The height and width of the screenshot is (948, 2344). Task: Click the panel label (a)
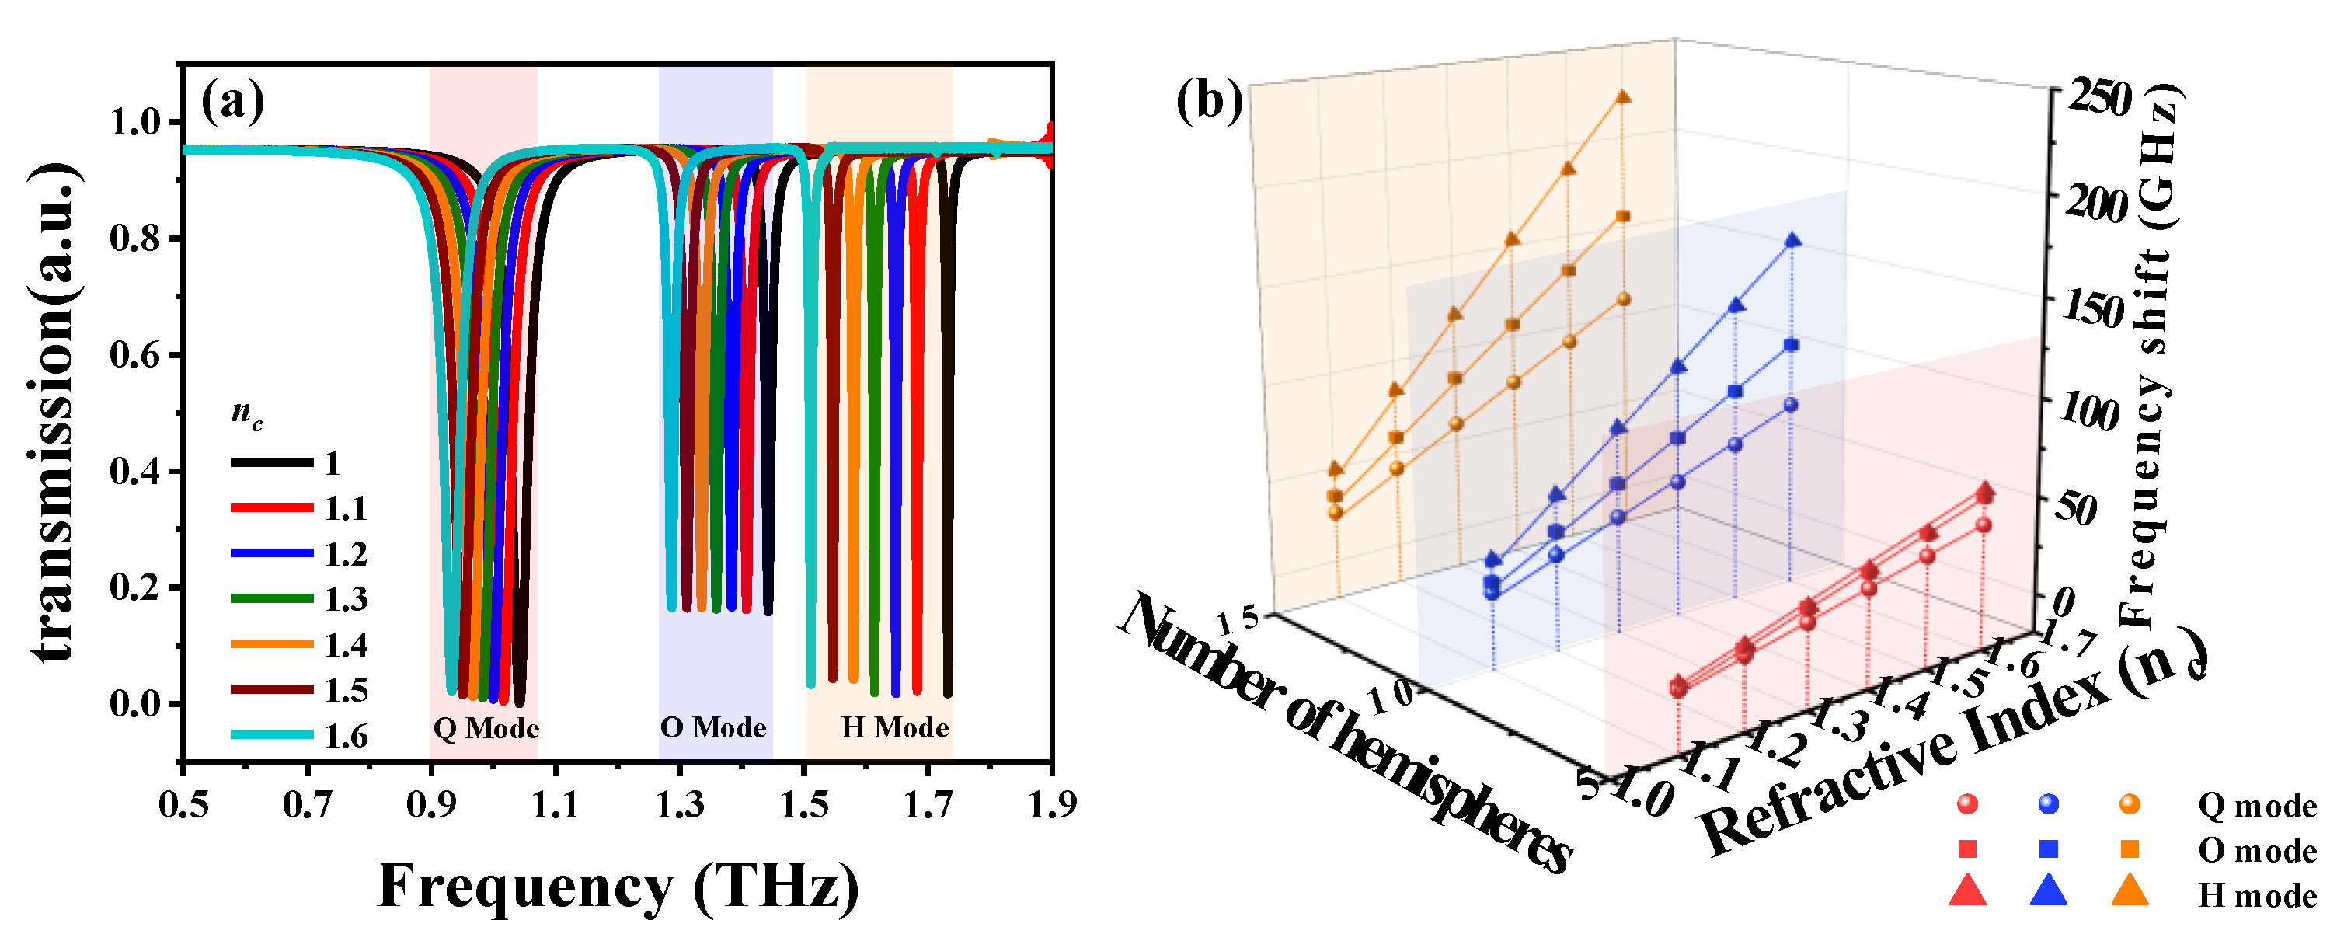coord(233,102)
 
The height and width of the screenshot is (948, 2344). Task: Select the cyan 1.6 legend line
coord(271,734)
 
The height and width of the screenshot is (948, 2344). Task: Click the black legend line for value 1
coord(271,463)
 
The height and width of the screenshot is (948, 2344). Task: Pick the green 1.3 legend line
coord(271,598)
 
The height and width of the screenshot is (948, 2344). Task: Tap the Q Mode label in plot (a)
coord(486,728)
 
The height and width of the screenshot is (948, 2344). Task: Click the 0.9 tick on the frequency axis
coord(430,805)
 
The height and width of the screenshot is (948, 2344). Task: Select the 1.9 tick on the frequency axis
coord(1052,805)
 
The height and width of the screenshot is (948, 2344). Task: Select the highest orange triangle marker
coord(1623,96)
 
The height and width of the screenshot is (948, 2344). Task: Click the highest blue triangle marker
coord(1792,240)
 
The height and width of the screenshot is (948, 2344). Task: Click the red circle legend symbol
coord(1967,804)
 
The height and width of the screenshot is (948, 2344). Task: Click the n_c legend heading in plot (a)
coord(246,414)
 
